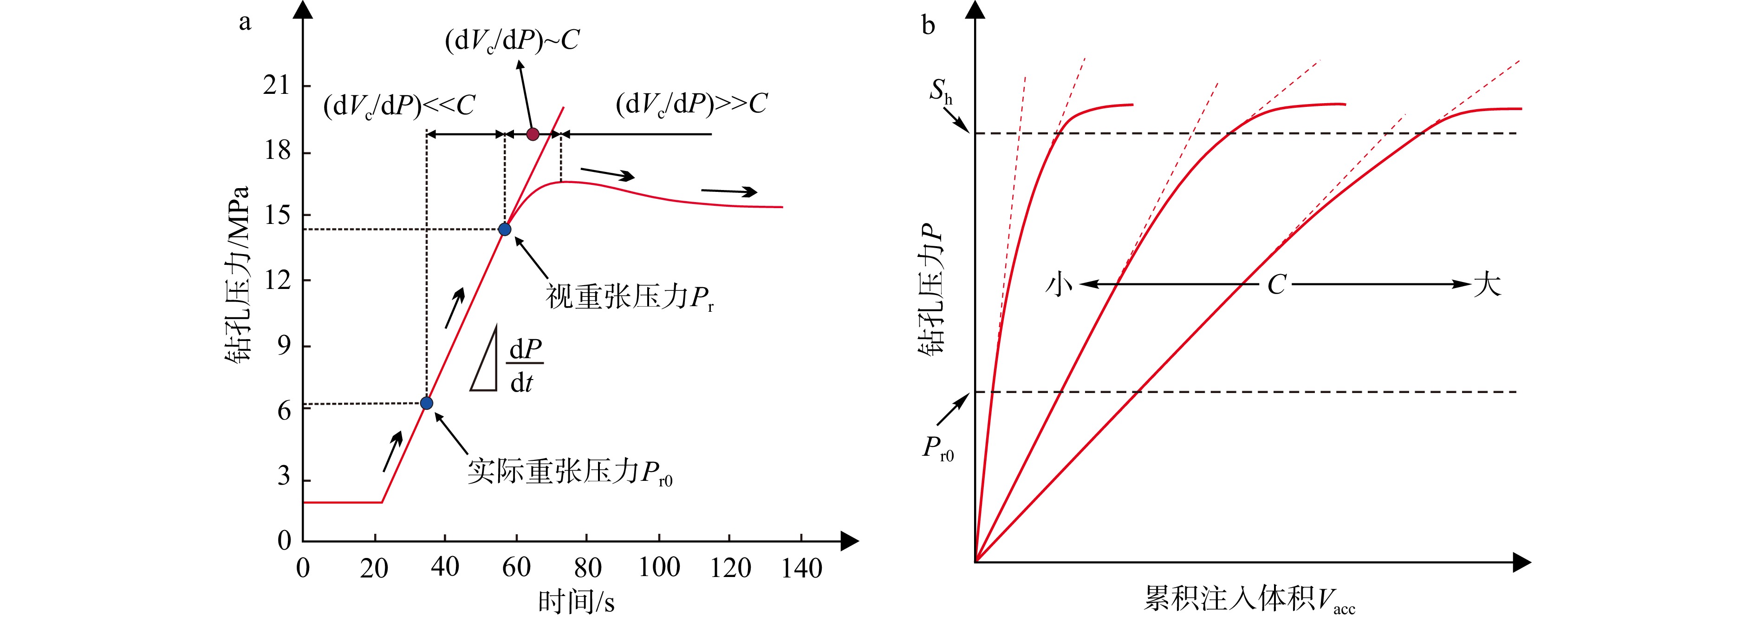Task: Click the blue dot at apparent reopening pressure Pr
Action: (505, 229)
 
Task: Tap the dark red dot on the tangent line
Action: (533, 134)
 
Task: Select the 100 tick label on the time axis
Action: (659, 567)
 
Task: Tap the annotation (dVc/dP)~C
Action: (512, 41)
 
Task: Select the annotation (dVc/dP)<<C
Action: (399, 105)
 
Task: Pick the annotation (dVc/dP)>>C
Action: (691, 104)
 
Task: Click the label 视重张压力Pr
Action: (630, 298)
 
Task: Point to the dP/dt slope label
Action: (525, 366)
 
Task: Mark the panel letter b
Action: (928, 26)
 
